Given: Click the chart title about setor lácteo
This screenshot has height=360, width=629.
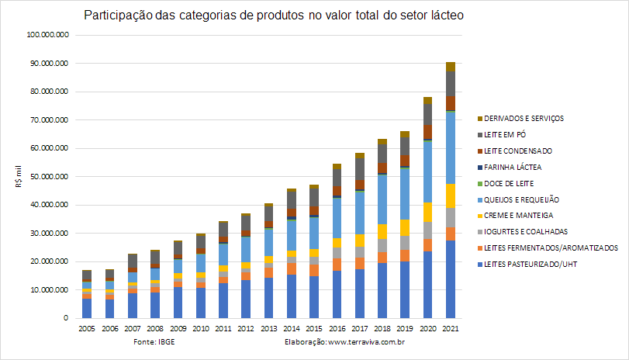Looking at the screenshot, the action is (274, 16).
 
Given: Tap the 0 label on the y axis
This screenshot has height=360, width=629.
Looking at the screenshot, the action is (66, 318).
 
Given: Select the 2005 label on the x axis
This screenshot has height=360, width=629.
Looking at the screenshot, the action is (87, 329).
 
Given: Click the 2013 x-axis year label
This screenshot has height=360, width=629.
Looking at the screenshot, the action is (269, 329).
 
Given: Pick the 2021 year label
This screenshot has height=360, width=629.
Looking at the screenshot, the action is (451, 329).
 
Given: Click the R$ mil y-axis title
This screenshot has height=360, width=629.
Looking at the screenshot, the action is (19, 177).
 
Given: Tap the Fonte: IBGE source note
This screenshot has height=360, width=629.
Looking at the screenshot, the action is (154, 342).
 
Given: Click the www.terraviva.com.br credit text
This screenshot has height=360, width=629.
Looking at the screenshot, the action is (366, 342).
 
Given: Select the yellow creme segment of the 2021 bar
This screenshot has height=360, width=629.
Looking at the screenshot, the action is (451, 196).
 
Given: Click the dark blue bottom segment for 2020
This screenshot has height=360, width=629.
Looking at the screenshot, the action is (428, 285).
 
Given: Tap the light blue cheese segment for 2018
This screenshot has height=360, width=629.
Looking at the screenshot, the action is (382, 199).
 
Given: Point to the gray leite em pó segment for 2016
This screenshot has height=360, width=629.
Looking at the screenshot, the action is (337, 178).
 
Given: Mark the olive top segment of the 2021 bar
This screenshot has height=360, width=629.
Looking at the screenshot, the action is (451, 67).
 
